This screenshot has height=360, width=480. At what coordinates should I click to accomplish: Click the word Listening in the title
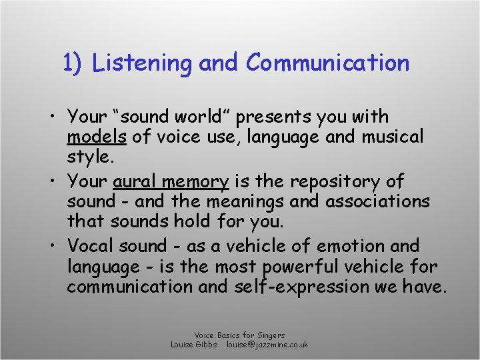143,63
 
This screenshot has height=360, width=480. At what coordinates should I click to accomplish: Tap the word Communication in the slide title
327,63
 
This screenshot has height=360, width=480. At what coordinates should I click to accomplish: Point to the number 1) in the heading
72,63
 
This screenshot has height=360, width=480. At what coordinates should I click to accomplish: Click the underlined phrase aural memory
171,181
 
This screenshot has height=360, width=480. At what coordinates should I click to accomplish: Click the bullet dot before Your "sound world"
51,117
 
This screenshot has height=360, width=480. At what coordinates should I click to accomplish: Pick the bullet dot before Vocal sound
51,246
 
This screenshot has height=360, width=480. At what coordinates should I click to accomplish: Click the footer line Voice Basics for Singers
239,335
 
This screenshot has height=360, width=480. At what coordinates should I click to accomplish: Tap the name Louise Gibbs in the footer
194,345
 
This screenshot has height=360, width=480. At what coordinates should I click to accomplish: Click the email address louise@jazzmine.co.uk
267,345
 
